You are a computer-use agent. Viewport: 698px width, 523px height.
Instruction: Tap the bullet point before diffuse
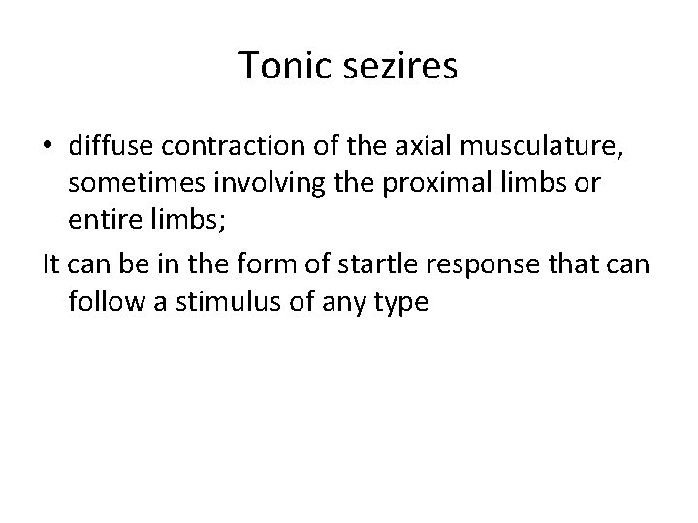click(x=49, y=146)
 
